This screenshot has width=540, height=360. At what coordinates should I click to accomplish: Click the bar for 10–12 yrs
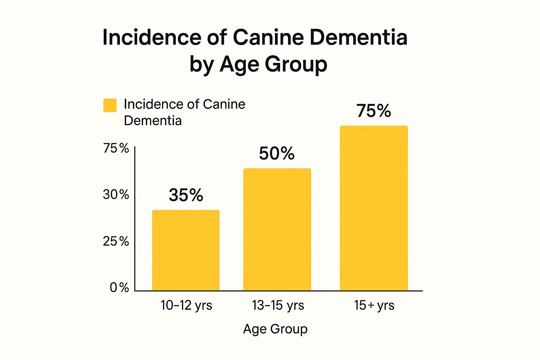(186, 250)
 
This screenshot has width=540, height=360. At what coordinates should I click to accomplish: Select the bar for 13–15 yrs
(277, 230)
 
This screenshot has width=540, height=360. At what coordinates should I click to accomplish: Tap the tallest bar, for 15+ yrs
(374, 208)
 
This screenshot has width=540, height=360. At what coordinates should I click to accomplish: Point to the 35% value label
(186, 195)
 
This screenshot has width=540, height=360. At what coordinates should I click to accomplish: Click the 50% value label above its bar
(277, 154)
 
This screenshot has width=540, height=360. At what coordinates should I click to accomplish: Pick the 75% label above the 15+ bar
(373, 111)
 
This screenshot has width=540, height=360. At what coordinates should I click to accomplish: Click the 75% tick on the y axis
(116, 148)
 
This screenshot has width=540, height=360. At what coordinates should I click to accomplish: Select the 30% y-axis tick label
(116, 194)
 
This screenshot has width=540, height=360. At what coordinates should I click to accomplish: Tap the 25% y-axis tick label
(116, 242)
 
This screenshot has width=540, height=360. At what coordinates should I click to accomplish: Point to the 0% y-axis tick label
(119, 288)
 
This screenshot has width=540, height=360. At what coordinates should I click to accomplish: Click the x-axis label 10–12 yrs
(186, 305)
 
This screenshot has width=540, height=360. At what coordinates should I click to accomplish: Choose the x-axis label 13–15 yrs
(278, 305)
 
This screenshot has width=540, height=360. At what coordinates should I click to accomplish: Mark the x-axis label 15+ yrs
(374, 305)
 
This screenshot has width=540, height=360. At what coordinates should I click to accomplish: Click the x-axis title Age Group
(275, 329)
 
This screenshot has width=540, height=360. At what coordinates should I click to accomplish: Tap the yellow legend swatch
(110, 105)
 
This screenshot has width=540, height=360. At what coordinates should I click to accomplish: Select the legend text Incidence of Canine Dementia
(184, 112)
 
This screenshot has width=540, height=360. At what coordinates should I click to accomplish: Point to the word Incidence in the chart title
(152, 37)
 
